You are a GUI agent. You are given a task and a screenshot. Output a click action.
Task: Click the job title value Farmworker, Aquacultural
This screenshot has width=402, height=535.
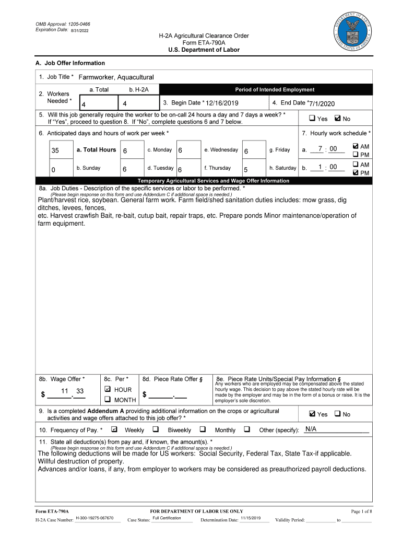tap(116, 77)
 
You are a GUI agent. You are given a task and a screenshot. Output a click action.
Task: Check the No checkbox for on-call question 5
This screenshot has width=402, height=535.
tap(337, 119)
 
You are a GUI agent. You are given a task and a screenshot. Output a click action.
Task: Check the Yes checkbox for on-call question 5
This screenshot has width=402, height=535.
tap(312, 119)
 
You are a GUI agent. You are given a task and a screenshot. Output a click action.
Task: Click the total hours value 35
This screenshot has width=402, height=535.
tap(55, 150)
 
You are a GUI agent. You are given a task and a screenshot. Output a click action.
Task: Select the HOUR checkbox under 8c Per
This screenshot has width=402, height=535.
tap(108, 390)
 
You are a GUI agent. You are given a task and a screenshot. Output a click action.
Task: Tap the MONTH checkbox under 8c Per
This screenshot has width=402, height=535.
tap(108, 400)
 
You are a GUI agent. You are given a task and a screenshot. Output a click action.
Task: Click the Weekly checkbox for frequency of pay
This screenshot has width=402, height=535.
tap(114, 429)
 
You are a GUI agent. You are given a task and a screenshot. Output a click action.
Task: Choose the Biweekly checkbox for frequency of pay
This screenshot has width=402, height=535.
tap(156, 429)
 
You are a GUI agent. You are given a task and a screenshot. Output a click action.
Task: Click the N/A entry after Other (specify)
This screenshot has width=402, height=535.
tap(311, 429)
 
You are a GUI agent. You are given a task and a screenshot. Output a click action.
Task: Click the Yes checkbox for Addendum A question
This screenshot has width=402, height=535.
tap(312, 414)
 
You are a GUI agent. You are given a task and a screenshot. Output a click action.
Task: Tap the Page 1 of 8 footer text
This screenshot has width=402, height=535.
tap(361, 511)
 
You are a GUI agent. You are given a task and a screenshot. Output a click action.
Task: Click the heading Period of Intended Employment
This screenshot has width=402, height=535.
tap(275, 90)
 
